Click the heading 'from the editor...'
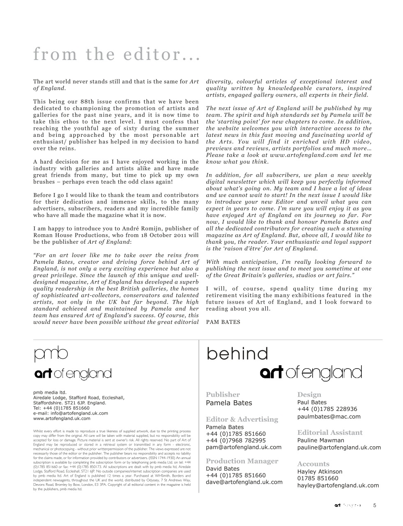click(117, 55)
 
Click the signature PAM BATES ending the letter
click(223, 322)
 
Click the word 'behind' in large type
click(237, 354)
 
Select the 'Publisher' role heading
click(223, 394)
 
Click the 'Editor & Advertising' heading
click(242, 419)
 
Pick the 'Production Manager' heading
click(242, 461)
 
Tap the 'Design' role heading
click(309, 394)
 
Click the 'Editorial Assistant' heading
click(330, 432)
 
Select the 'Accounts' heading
click(313, 464)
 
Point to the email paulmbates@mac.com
click(329, 416)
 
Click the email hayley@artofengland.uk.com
click(338, 485)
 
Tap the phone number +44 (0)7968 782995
click(236, 441)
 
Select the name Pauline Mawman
click(321, 440)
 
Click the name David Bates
click(223, 468)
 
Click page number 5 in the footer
click(374, 506)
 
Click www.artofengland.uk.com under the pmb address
click(62, 418)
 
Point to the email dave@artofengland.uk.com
click(244, 482)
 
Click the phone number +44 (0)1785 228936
click(327, 409)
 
